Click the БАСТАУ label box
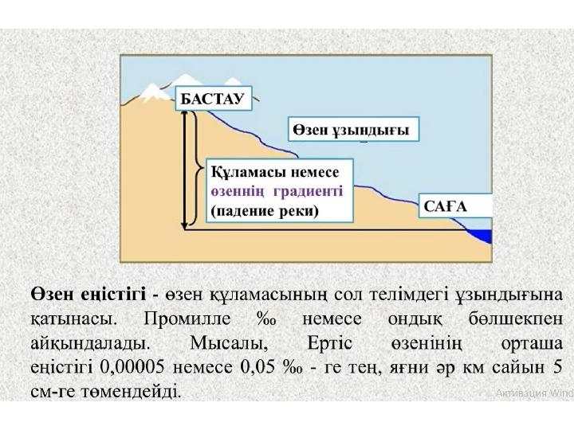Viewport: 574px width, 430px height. pyautogui.click(x=214, y=99)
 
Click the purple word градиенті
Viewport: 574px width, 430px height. pyautogui.click(x=309, y=191)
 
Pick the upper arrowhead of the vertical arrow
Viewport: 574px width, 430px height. pyautogui.click(x=184, y=114)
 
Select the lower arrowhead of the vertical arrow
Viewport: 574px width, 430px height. pyautogui.click(x=184, y=225)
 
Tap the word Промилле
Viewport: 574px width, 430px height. pyautogui.click(x=187, y=319)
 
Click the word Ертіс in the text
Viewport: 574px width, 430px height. pyautogui.click(x=330, y=343)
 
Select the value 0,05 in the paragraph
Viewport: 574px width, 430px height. pyautogui.click(x=257, y=367)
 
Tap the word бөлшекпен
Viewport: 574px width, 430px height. pyautogui.click(x=516, y=319)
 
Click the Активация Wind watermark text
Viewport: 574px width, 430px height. pyautogui.click(x=534, y=393)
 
